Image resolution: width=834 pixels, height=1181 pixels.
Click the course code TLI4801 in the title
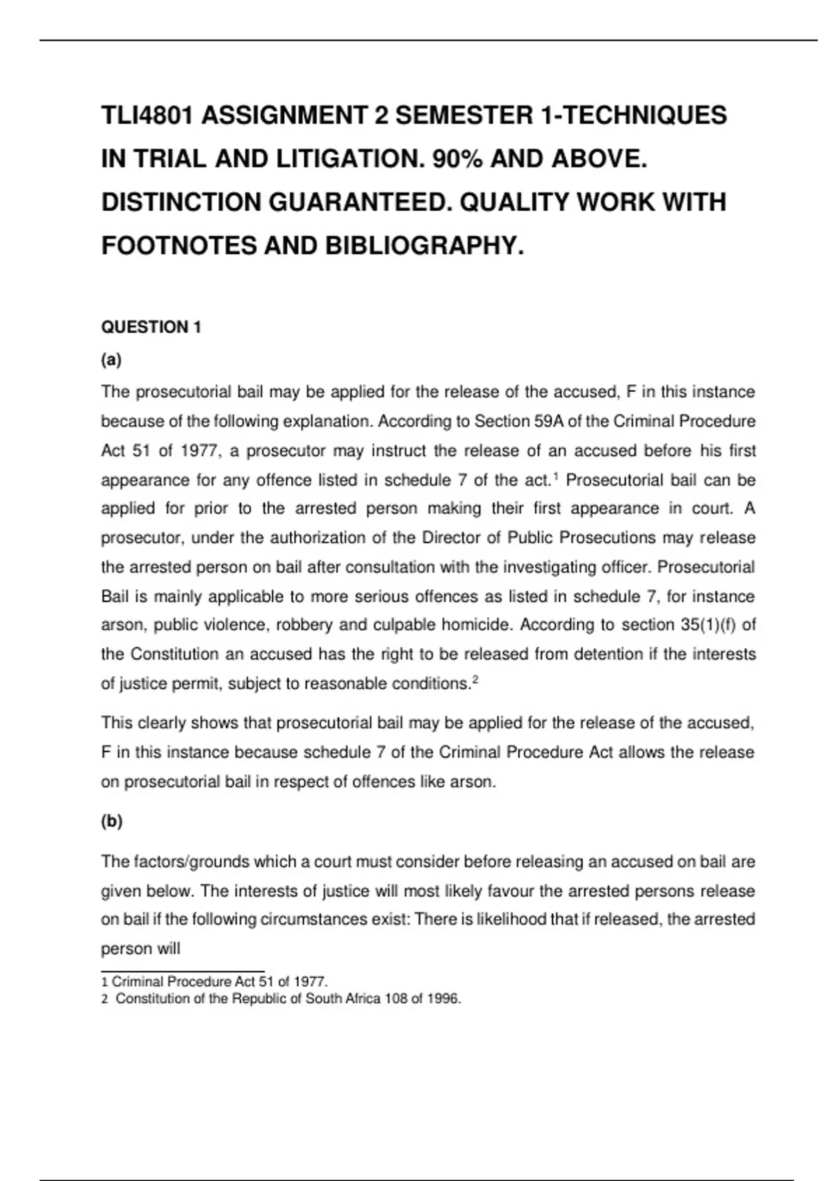pyautogui.click(x=147, y=115)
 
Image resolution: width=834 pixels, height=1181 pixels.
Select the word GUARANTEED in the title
pyautogui.click(x=358, y=202)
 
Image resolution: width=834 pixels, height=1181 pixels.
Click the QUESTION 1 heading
pyautogui.click(x=151, y=327)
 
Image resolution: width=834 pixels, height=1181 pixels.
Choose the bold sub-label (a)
pyautogui.click(x=111, y=360)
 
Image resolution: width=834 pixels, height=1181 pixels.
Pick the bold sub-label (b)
pyautogui.click(x=111, y=821)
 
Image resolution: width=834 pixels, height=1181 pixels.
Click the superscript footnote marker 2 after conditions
pyautogui.click(x=475, y=679)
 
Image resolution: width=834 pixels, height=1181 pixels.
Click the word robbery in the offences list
pyautogui.click(x=305, y=625)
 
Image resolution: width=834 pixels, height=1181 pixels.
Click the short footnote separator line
pyautogui.click(x=183, y=971)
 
